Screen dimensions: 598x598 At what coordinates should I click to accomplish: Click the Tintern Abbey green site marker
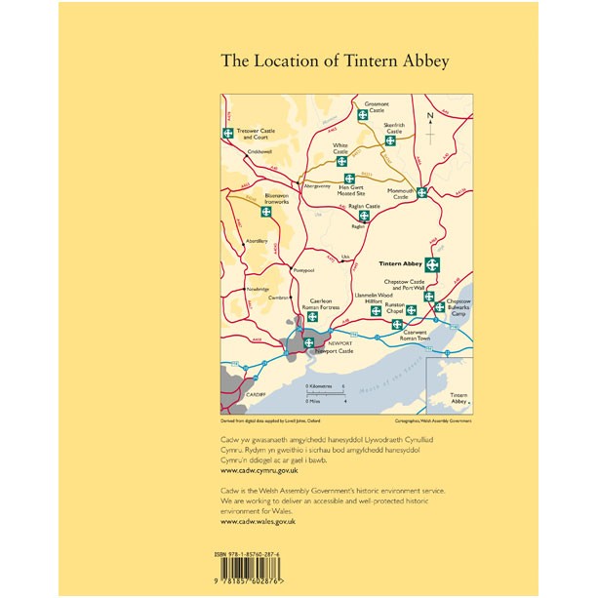[x=433, y=264]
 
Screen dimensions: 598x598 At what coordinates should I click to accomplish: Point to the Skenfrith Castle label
[x=393, y=130]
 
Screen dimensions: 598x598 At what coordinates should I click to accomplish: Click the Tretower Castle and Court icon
[x=227, y=133]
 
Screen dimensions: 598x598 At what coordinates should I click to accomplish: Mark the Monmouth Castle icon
[x=421, y=192]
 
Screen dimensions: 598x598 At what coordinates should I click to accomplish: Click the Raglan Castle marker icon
[x=364, y=216]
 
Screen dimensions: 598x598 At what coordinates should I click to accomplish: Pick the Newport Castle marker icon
[x=309, y=341]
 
